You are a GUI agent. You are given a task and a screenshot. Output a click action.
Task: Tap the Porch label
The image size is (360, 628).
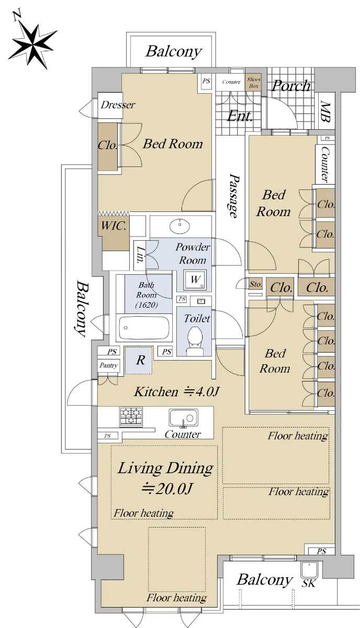pos(291,85)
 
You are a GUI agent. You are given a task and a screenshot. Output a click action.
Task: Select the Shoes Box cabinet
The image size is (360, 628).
pos(253,83)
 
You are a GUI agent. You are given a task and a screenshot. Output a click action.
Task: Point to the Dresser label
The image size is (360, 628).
pos(118,105)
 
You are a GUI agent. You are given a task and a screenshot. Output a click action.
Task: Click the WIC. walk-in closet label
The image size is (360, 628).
pos(113,226)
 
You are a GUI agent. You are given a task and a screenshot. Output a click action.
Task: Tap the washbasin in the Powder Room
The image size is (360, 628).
pos(179,226)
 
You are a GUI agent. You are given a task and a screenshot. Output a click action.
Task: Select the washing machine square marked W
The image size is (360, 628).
pos(195,280)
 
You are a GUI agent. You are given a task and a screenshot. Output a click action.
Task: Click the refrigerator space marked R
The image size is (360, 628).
pos(139,360)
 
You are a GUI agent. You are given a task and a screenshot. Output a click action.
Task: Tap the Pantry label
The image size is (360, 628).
pos(108,366)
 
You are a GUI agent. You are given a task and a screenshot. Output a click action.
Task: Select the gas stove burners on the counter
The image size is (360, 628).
pos(131,417)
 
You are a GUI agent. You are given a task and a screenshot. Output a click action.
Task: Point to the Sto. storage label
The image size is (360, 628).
pos(255,284)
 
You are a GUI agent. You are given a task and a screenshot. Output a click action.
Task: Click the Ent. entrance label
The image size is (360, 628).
pos(240,116)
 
